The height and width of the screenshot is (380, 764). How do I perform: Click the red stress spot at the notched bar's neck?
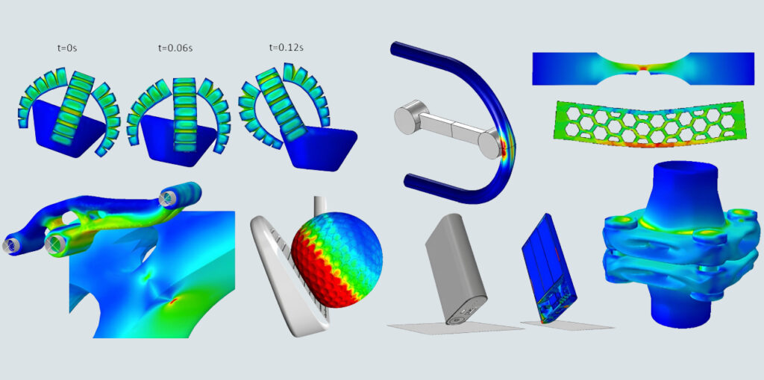[644, 68]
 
